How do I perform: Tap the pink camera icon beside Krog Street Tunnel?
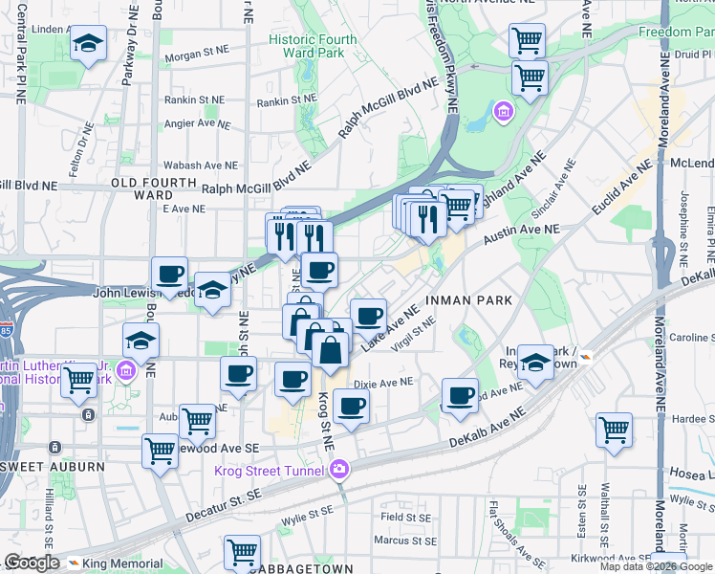(x=338, y=469)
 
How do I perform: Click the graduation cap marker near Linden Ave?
(x=88, y=43)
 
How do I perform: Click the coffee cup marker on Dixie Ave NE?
(x=351, y=406)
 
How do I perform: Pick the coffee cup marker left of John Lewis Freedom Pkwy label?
(x=169, y=274)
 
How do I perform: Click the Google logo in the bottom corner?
(x=32, y=563)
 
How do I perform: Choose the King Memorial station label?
(x=121, y=563)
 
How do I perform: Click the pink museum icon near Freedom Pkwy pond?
(x=502, y=114)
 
